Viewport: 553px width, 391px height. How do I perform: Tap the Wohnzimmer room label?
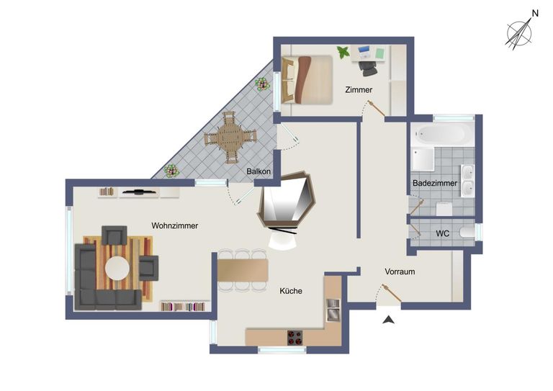point(174,225)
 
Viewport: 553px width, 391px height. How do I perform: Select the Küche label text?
point(292,291)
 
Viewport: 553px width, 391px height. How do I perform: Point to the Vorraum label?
point(400,272)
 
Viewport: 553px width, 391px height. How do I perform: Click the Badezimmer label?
point(435,184)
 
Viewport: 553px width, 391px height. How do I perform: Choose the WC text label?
point(443,234)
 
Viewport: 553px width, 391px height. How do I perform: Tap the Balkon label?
point(258,171)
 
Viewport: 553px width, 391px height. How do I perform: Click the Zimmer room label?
point(359,90)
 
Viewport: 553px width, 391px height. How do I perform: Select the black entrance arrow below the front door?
point(389,320)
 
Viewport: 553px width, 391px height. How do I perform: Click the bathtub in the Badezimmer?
point(442,133)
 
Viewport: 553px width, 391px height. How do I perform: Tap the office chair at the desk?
point(368,67)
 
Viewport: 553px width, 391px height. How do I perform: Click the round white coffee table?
point(117,269)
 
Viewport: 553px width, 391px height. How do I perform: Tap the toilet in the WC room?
point(467,233)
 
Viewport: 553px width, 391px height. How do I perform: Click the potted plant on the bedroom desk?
point(343,52)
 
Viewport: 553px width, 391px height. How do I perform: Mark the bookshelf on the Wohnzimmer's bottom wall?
point(184,306)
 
